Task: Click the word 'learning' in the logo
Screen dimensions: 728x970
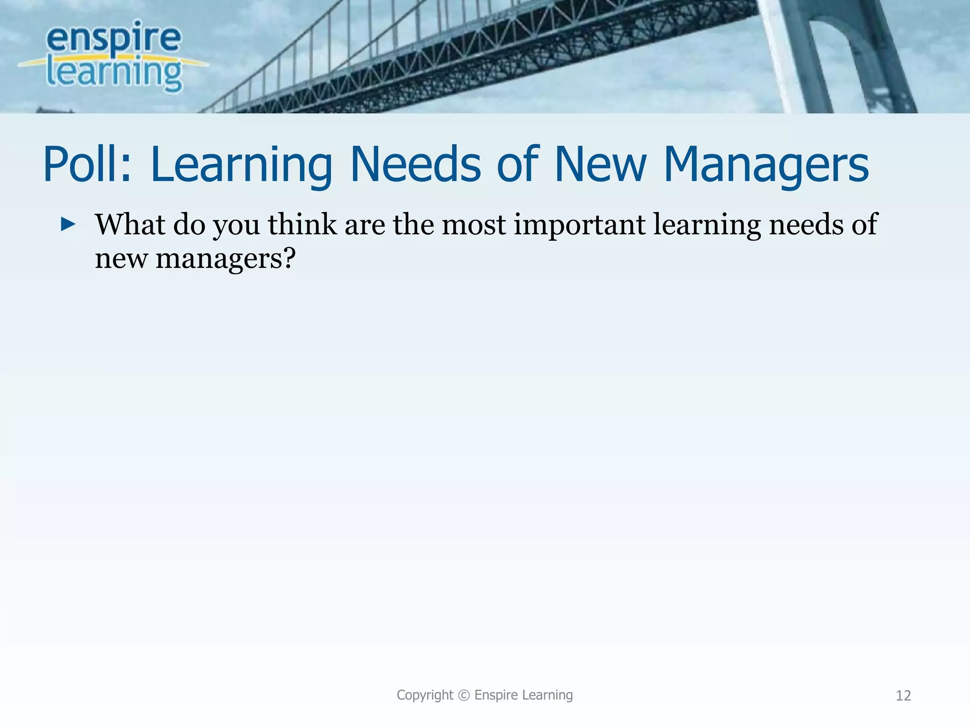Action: [x=114, y=73]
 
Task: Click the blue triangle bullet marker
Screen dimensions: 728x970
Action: [x=68, y=224]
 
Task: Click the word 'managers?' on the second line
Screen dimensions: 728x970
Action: [x=225, y=259]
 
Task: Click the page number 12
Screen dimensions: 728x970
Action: [x=903, y=695]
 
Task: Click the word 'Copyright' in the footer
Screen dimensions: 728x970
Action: [x=425, y=695]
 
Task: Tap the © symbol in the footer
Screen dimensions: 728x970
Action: [x=464, y=695]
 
